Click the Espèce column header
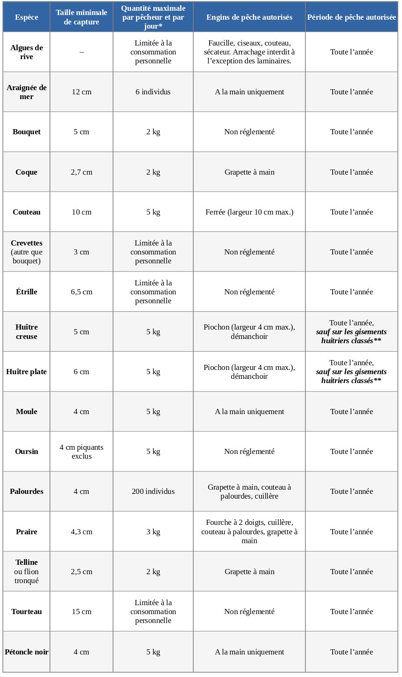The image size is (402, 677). pyautogui.click(x=26, y=17)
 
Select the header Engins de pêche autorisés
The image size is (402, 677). pyautogui.click(x=249, y=17)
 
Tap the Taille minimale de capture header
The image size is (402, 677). pyautogui.click(x=82, y=17)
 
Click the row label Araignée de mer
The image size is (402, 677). pyautogui.click(x=27, y=92)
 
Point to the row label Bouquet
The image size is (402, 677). pyautogui.click(x=27, y=132)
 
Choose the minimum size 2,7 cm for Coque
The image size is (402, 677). pyautogui.click(x=82, y=172)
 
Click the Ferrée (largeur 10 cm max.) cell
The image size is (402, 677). pyautogui.click(x=249, y=212)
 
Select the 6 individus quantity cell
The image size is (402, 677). pyautogui.click(x=153, y=92)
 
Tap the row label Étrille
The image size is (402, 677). pyautogui.click(x=27, y=292)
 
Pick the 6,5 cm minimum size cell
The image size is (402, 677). pyautogui.click(x=82, y=292)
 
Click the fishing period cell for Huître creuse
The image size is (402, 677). pyautogui.click(x=351, y=332)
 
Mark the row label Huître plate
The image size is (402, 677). pyautogui.click(x=27, y=372)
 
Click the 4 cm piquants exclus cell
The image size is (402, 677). pyautogui.click(x=82, y=452)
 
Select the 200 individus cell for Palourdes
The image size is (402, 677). pyautogui.click(x=153, y=492)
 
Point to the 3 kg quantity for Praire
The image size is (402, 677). pyautogui.click(x=153, y=532)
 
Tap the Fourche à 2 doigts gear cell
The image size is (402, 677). pyautogui.click(x=249, y=531)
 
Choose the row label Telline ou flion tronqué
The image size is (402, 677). pyautogui.click(x=27, y=571)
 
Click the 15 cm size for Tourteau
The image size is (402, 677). pyautogui.click(x=82, y=612)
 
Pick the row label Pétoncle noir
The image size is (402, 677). pyautogui.click(x=27, y=652)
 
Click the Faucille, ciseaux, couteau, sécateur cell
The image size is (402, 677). pyautogui.click(x=249, y=52)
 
